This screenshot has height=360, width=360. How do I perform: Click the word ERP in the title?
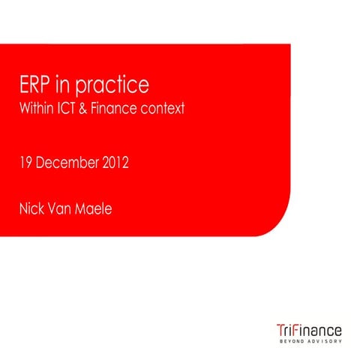[x=37, y=84]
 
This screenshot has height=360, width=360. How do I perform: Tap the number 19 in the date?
[x=26, y=162]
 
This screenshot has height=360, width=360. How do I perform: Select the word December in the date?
[x=70, y=162]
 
